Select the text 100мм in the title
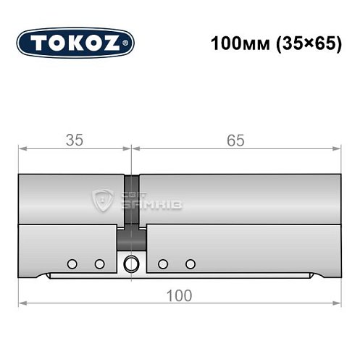pos(238,43)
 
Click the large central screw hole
pos(131,264)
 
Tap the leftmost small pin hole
pos(72,263)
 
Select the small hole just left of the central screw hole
pos(99,263)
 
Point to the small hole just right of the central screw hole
pos(163,263)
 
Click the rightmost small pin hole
pos(191,263)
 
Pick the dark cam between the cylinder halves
pos(131,237)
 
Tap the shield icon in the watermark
pos(103,201)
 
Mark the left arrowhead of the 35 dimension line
pos(21,149)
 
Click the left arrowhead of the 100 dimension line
pos(21,303)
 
